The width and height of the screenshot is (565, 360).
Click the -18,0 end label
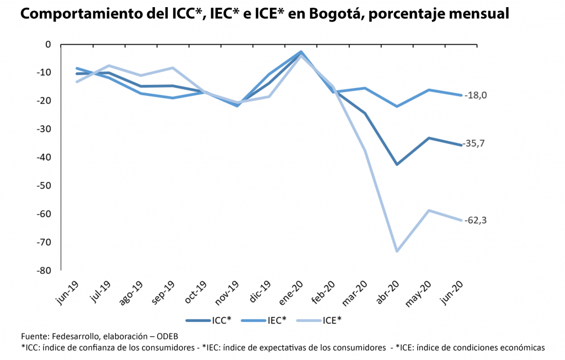(x=476, y=95)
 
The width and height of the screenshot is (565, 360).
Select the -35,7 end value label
(x=476, y=143)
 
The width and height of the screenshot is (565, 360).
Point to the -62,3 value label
(x=476, y=221)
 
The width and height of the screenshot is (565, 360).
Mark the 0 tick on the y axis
(x=47, y=44)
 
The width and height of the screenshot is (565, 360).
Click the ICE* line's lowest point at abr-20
(x=397, y=251)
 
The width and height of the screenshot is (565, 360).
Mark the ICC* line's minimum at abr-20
(x=397, y=164)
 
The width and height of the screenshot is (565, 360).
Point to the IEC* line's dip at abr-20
(x=397, y=106)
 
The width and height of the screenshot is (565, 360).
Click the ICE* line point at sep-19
(x=173, y=68)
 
